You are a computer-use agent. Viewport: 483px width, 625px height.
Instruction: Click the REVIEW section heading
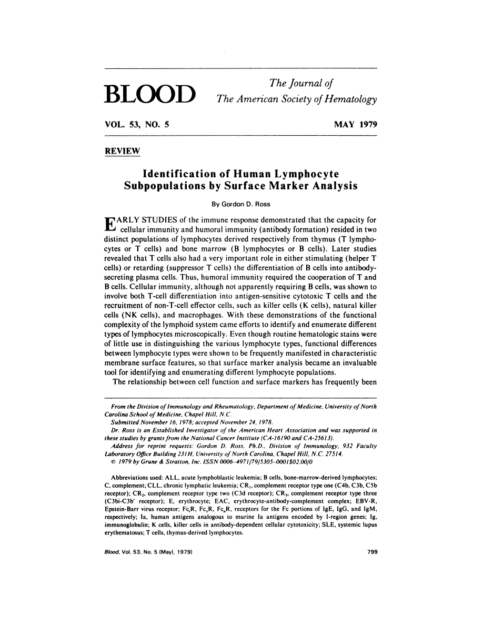coord(123,151)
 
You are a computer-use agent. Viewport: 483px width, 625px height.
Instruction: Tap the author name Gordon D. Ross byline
coord(241,203)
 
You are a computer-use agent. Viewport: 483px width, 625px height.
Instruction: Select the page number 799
coord(371,552)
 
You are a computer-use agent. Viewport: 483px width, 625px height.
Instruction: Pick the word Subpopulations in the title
coord(164,186)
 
